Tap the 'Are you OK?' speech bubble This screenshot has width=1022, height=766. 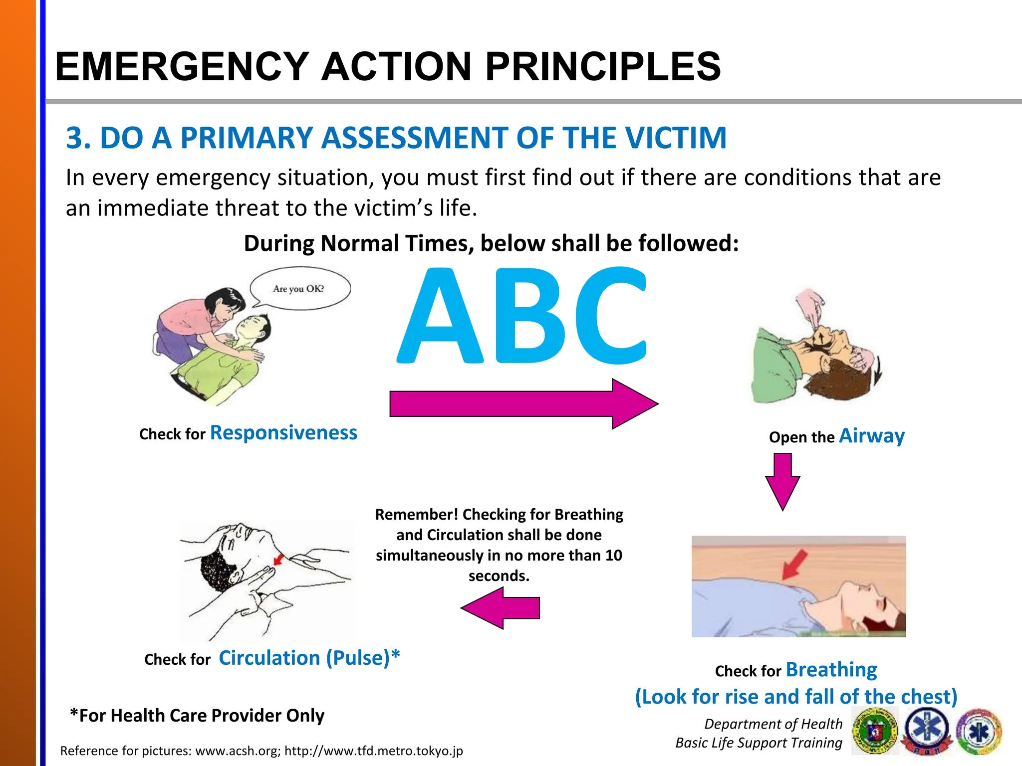[x=299, y=289]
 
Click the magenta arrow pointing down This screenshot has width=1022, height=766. [x=782, y=481]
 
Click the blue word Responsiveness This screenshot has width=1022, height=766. [x=283, y=433]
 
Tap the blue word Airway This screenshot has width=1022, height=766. [x=871, y=436]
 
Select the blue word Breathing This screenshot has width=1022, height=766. [x=831, y=670]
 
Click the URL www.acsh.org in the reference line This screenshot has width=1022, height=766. [x=238, y=751]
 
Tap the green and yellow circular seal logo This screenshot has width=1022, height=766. [x=875, y=732]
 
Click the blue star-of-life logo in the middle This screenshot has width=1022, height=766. [x=928, y=732]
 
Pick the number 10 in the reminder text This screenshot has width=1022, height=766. [x=613, y=556]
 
